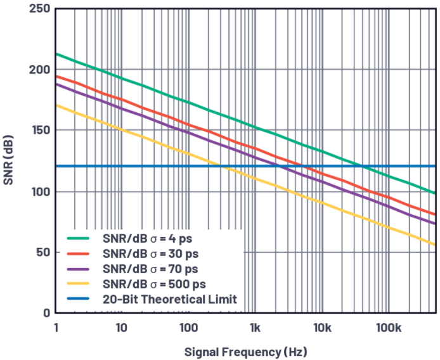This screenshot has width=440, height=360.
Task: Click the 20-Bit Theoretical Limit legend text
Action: (169, 299)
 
